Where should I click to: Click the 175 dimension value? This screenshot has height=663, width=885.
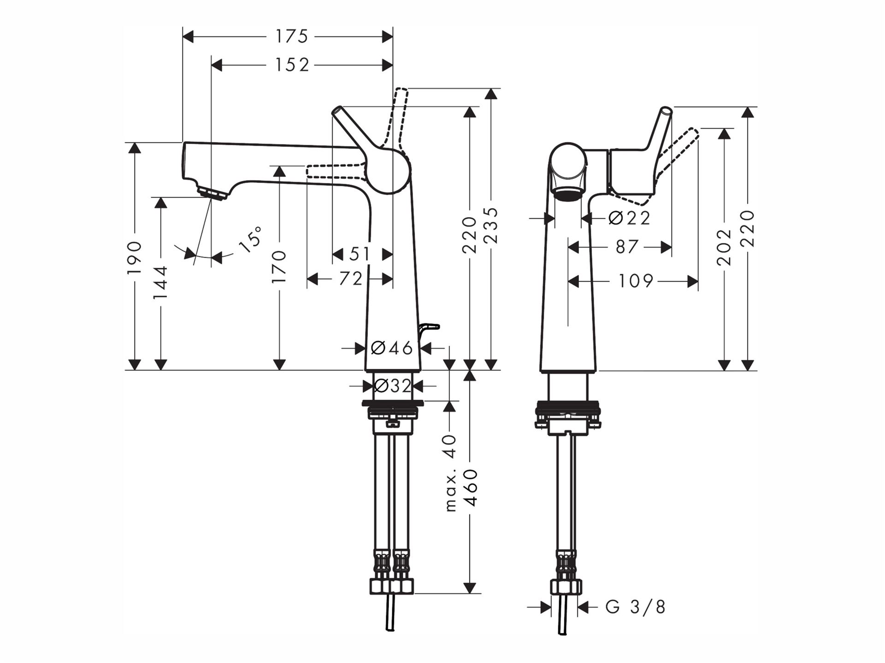(x=291, y=36)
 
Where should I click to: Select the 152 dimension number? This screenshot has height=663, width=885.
(x=292, y=65)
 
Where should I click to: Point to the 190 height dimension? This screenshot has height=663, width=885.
(x=135, y=257)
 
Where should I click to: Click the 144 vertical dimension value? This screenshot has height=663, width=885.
(x=160, y=282)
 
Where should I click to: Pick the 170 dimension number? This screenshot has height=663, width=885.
(x=279, y=267)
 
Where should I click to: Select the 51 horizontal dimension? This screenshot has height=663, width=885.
(x=360, y=254)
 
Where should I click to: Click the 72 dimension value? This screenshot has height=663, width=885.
(x=351, y=278)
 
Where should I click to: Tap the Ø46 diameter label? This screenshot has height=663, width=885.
(x=392, y=348)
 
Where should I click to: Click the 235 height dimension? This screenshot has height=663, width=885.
(x=492, y=225)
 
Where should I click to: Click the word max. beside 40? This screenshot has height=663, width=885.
(x=450, y=491)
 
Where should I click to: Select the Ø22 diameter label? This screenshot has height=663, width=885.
(x=629, y=218)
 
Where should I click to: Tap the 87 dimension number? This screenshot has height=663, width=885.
(x=627, y=247)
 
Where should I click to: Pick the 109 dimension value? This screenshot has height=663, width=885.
(x=636, y=281)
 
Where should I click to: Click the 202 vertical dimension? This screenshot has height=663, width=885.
(x=724, y=247)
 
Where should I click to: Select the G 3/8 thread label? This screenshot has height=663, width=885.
(x=636, y=607)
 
